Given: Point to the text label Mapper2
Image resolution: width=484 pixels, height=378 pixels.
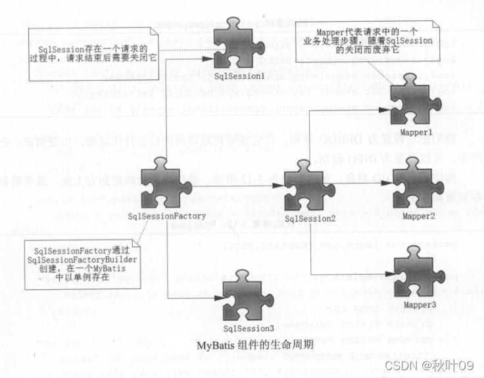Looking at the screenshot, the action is pyautogui.click(x=418, y=215).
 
